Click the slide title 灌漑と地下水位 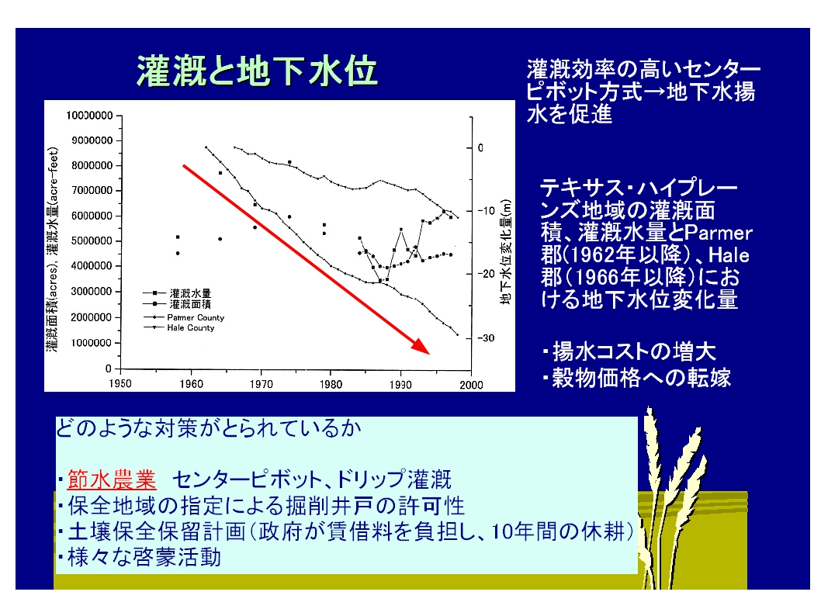click(257, 71)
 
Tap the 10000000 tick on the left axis click(89, 115)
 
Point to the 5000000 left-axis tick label click(92, 241)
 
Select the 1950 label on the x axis click(120, 383)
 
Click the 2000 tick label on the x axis click(471, 385)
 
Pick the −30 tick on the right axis click(486, 338)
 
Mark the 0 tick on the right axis click(480, 148)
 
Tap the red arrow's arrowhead click(421, 346)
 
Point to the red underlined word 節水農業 click(112, 479)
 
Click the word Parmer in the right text click(718, 233)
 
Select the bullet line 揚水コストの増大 click(629, 351)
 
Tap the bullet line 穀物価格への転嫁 click(636, 377)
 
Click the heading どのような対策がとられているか click(209, 428)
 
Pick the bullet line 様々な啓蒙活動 click(140, 557)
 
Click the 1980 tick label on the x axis click(331, 384)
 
